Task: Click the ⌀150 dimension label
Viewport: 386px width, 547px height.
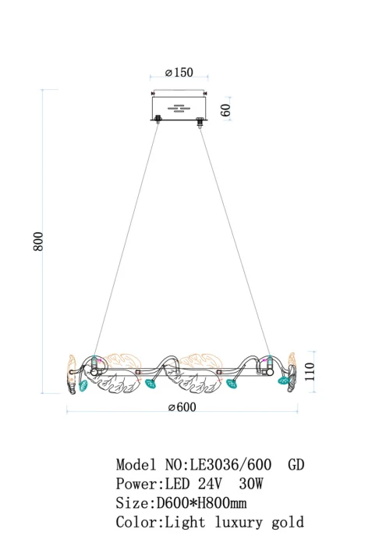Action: pyautogui.click(x=179, y=72)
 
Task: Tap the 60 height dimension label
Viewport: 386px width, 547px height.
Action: pyautogui.click(x=225, y=110)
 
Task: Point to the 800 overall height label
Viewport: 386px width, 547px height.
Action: pyautogui.click(x=38, y=241)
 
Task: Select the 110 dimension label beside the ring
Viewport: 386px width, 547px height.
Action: pyautogui.click(x=310, y=371)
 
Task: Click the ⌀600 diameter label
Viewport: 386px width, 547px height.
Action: pyautogui.click(x=182, y=407)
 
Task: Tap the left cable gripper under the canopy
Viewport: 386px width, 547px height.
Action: pyautogui.click(x=158, y=119)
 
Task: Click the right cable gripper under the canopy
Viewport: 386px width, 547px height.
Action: pyautogui.click(x=200, y=123)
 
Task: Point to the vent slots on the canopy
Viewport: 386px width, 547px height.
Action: pyautogui.click(x=177, y=109)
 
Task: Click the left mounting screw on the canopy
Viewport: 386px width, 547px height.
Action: pyautogui.click(x=153, y=93)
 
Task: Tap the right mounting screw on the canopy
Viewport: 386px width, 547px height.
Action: pyautogui.click(x=205, y=93)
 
